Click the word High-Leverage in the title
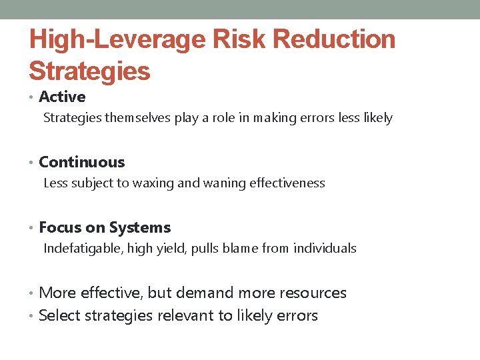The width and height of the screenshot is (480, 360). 117,39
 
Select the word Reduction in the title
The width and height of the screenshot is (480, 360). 335,39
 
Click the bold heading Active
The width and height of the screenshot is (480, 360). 63,97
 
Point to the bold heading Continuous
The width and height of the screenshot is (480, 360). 82,162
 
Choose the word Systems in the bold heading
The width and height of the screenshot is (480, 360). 140,227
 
